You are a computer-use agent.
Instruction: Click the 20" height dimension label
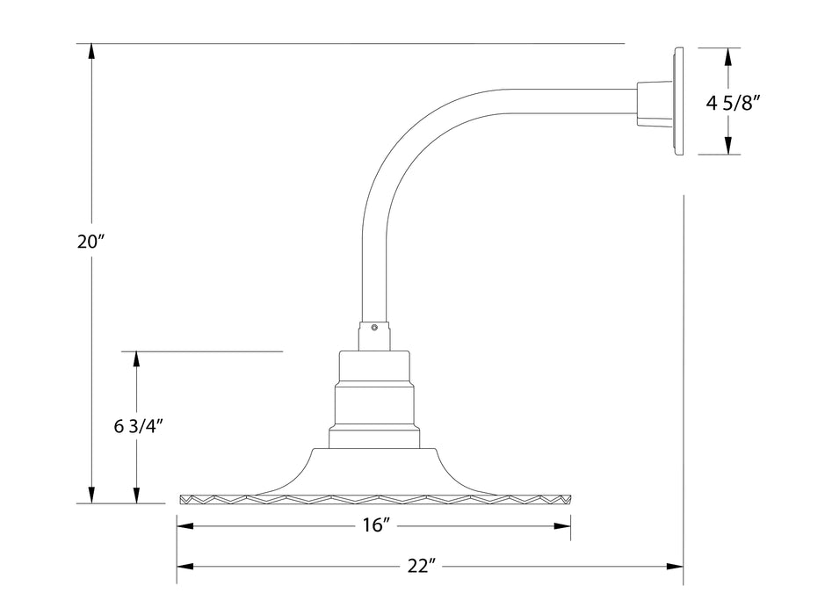(x=90, y=242)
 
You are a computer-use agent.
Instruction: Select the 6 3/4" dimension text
(x=141, y=428)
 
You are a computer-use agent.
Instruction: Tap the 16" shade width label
(x=374, y=525)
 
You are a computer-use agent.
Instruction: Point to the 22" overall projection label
(x=422, y=567)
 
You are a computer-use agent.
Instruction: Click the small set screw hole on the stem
(x=375, y=328)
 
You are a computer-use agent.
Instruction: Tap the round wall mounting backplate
(x=679, y=101)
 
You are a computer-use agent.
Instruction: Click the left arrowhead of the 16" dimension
(x=183, y=526)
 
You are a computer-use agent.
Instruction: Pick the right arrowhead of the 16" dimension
(x=566, y=526)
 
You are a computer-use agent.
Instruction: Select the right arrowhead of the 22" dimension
(x=678, y=567)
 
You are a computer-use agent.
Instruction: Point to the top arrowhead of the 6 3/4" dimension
(x=136, y=358)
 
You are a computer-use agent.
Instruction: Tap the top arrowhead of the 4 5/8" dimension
(x=727, y=54)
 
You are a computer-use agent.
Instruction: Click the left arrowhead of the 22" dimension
(x=183, y=567)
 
